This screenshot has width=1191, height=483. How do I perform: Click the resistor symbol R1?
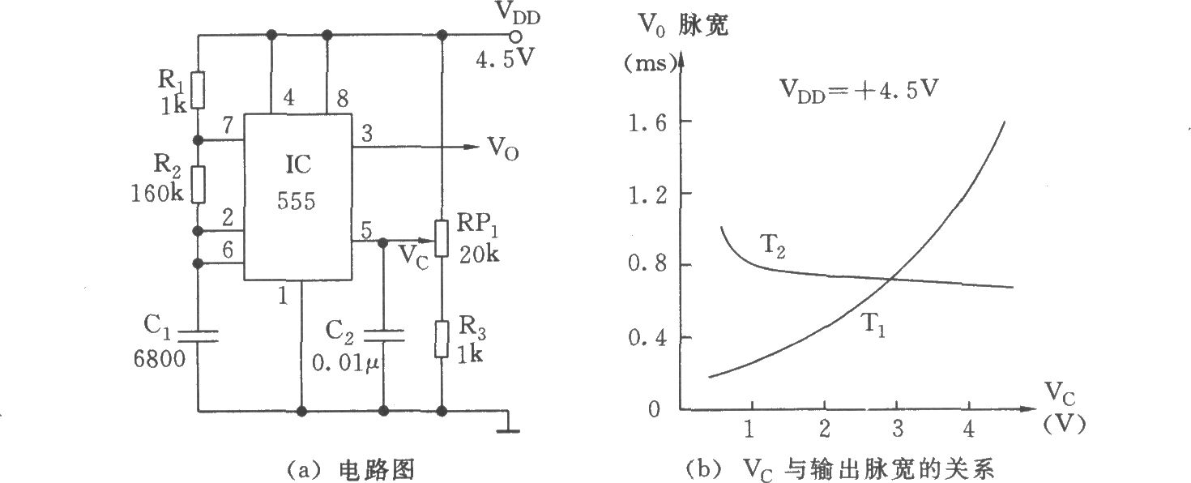[198, 89]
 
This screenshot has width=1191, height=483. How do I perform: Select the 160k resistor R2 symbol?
[198, 183]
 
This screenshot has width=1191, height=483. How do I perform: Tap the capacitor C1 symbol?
[198, 336]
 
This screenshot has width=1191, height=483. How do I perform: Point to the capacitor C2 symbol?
[382, 336]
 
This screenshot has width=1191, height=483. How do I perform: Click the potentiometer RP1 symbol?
[442, 237]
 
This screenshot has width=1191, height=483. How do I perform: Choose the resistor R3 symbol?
[442, 339]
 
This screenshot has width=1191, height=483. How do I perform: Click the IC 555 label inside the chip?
[298, 182]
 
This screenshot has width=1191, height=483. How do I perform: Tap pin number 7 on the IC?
[228, 126]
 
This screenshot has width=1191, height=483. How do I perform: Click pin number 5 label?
[367, 231]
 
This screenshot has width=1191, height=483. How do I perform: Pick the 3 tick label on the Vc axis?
[896, 427]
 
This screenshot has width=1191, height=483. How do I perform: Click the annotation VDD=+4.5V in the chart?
[859, 90]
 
